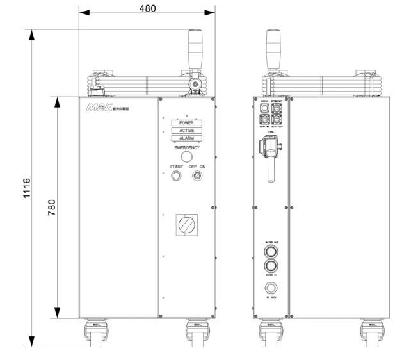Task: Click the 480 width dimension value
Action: (147, 8)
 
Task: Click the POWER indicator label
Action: (186, 122)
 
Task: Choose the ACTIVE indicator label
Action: (186, 130)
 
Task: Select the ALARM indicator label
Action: (186, 138)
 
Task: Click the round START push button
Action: (176, 176)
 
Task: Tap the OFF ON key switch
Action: (197, 176)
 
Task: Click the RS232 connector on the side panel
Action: (265, 107)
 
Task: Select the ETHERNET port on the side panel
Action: (277, 107)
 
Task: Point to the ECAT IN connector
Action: (265, 119)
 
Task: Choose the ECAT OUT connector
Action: (277, 119)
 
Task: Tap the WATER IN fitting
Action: (271, 266)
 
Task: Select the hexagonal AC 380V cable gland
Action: (271, 287)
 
